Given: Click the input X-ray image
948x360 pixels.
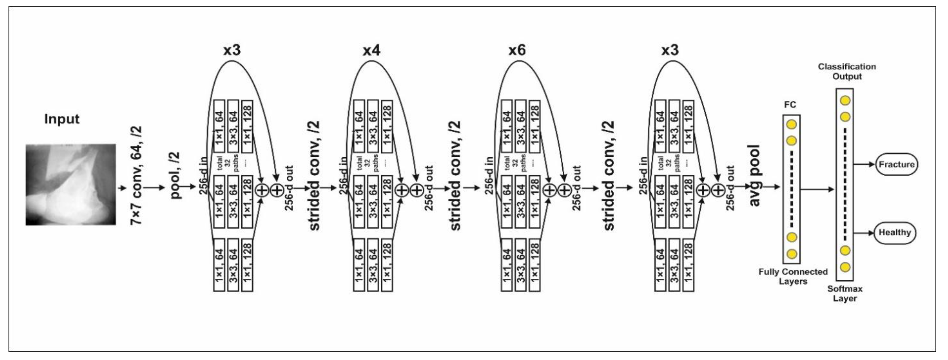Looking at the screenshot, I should (71, 184).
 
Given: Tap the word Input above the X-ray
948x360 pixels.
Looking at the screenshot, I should (62, 119).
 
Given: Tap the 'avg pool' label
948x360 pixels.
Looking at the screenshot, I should (754, 175).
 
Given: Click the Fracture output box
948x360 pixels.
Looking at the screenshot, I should (897, 164).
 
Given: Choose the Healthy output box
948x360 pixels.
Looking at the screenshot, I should (894, 233).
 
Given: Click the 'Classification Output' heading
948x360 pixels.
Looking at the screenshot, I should (847, 71).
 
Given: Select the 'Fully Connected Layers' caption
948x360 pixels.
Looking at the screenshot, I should (793, 276).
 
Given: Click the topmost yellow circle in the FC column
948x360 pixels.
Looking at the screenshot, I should (791, 124).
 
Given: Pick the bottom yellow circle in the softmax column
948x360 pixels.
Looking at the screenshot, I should (845, 267).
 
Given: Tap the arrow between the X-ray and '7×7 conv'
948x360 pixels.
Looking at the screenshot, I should (122, 188).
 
